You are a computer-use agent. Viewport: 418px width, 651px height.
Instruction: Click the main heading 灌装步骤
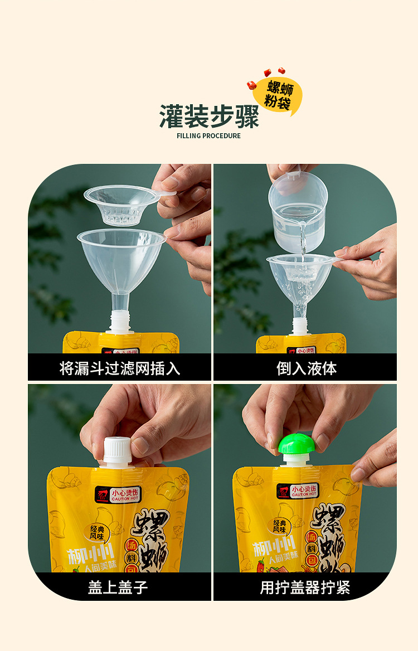pos(209,116)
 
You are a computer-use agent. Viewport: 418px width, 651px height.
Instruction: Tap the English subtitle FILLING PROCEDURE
pos(209,136)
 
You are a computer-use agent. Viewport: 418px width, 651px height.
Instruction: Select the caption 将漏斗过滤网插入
pos(120,368)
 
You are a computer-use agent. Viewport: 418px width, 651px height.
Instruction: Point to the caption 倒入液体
pos(306,368)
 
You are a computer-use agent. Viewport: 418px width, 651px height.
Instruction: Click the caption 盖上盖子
pos(118,587)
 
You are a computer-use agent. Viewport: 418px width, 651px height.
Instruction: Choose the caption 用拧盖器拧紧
pos(305,587)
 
